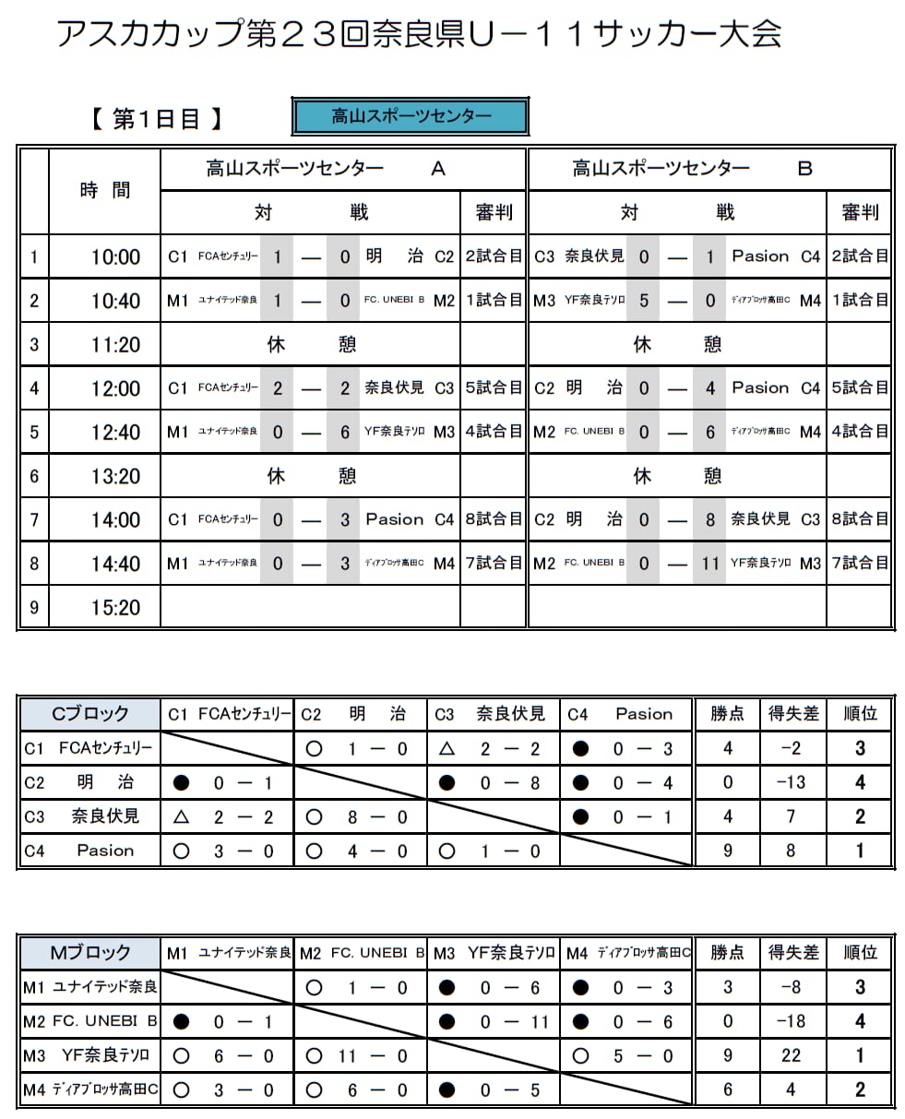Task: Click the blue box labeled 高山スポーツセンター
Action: [x=411, y=117]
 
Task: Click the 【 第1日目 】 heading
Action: [x=156, y=120]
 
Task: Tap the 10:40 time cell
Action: [x=115, y=301]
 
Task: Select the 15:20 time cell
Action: [x=115, y=607]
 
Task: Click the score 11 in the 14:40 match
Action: [x=709, y=563]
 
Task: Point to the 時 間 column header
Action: [x=105, y=190]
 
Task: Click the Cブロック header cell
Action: [x=89, y=713]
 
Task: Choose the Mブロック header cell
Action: [x=89, y=952]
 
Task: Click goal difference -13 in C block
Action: [x=791, y=782]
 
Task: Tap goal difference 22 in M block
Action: [x=791, y=1055]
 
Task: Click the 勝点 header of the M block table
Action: [x=727, y=952]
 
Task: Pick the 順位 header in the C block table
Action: [x=860, y=713]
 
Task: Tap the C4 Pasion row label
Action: [x=89, y=851]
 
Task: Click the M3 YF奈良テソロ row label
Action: [x=89, y=1055]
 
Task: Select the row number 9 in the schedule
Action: [x=34, y=607]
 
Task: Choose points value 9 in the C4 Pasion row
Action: [x=727, y=851]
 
